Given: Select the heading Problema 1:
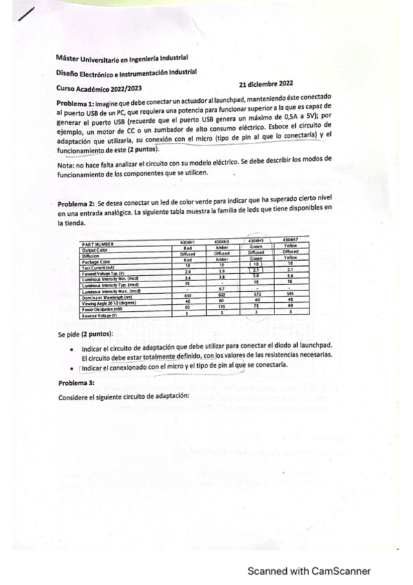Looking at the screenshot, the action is pyautogui.click(x=76, y=103).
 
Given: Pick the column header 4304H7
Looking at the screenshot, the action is pyautogui.click(x=290, y=240).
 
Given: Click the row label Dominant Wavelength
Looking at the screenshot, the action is pyautogui.click(x=107, y=297).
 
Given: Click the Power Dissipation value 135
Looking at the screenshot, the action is pyautogui.click(x=223, y=307).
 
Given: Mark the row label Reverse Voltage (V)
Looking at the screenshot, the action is pyautogui.click(x=100, y=315).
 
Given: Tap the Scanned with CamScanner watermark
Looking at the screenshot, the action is pyautogui.click(x=309, y=571).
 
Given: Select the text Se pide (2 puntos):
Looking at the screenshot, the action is pyautogui.click(x=85, y=334).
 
